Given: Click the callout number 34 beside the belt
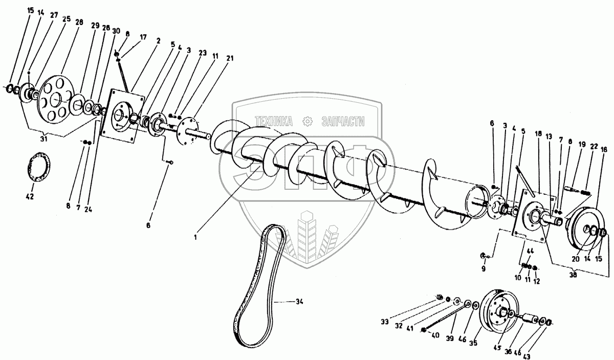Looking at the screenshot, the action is point(299,302).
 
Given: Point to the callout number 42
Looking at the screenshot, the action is point(29,196).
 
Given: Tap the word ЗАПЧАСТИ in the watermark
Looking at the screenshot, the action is point(342,121).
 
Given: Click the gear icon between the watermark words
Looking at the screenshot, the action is point(308,121).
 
